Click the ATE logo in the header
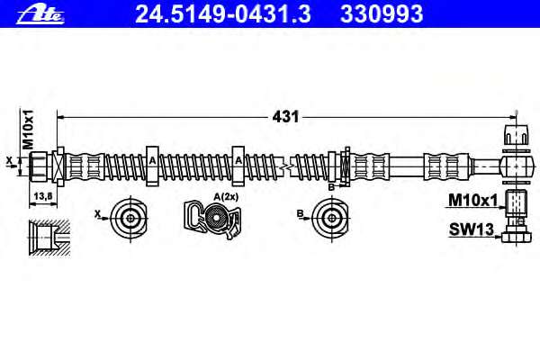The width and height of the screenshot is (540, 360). pos(40,14)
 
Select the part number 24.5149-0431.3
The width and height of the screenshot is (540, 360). pos(223,14)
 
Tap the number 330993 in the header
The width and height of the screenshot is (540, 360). pos(382,14)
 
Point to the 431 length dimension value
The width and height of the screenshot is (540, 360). pos(285,117)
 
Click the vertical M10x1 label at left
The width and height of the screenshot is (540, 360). pos(28,130)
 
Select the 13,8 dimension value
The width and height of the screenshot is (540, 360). pos(42,196)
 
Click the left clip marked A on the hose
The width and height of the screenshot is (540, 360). pos(152,166)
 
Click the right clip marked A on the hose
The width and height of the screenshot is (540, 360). pos(238,166)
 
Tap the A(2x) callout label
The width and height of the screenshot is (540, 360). pos(226,197)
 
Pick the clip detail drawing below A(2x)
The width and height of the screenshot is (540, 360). pos(212,220)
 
